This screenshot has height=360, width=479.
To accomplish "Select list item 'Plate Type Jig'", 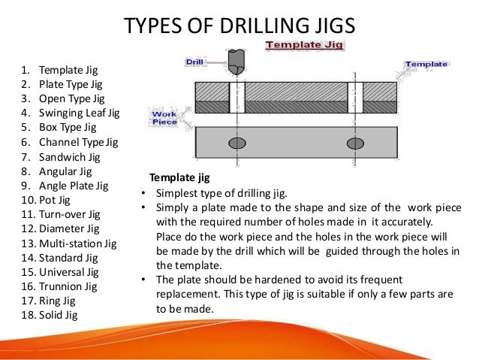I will click(71, 85).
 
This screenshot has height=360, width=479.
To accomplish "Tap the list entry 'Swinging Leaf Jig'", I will click(78, 113).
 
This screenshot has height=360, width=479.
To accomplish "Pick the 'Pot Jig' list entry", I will click(56, 199).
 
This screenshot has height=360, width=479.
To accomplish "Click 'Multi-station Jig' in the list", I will click(78, 242).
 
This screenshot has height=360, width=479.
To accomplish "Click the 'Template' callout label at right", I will click(426, 65).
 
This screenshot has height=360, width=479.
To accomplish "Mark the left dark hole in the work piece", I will click(236, 143).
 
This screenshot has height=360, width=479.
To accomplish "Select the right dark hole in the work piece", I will click(355, 143).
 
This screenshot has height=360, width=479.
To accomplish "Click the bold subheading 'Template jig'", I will click(179, 178).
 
